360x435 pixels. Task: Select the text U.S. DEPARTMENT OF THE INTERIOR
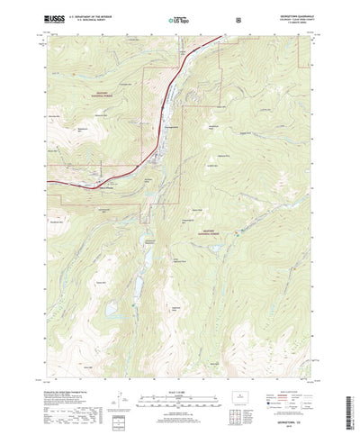(x=93, y=15)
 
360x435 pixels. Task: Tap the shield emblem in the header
(x=238, y=18)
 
